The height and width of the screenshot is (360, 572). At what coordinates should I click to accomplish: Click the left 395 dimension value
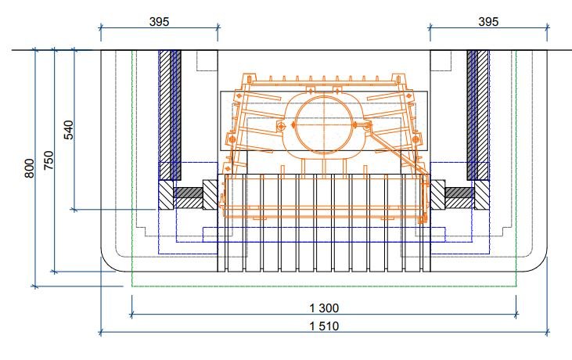[160, 21]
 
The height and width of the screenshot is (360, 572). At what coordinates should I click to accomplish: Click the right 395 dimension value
[488, 21]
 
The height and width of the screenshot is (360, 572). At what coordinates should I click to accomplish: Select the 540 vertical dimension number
[69, 130]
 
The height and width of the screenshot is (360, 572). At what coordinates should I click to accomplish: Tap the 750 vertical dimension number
[49, 160]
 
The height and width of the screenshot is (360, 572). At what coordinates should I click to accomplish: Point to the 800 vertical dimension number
[29, 168]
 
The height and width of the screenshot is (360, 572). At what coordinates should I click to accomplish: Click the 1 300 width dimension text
[324, 308]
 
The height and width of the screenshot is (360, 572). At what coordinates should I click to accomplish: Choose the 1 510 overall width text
[324, 326]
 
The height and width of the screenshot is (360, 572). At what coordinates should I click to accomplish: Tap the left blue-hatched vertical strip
[176, 115]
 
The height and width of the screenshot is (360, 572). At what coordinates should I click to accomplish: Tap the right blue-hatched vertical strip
[472, 115]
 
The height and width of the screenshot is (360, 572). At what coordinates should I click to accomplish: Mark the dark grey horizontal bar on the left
[188, 193]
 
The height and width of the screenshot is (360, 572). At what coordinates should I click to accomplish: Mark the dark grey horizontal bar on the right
[459, 193]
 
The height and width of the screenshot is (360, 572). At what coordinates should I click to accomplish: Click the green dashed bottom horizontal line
[324, 286]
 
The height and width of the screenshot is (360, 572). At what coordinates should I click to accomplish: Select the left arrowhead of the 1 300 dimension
[131, 314]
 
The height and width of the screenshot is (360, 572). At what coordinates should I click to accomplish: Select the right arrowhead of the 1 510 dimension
[547, 332]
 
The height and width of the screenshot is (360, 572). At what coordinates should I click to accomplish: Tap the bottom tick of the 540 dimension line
[74, 210]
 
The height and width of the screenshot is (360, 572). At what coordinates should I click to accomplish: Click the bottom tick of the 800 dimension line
[35, 286]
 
